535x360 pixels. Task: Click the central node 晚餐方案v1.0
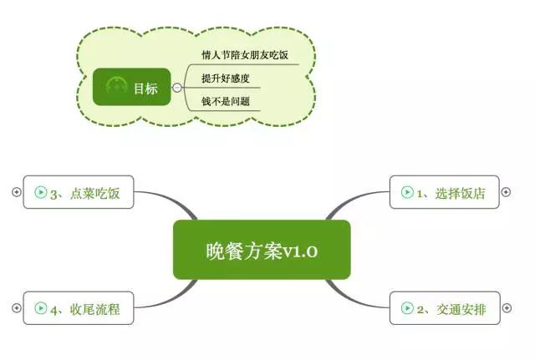click(261, 250)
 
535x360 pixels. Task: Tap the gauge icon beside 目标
click(116, 87)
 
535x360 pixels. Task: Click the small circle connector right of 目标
click(177, 87)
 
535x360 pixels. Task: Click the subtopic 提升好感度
click(225, 79)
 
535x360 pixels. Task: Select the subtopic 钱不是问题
click(225, 103)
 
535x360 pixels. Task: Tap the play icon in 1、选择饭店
click(407, 192)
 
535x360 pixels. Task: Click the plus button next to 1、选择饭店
click(505, 192)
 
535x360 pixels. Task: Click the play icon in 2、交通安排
click(407, 308)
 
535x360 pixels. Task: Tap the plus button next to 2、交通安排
click(505, 308)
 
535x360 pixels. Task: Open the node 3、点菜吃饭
click(79, 192)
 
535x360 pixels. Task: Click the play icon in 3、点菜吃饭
click(40, 192)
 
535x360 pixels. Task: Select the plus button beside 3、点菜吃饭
click(16, 192)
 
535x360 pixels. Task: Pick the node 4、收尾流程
click(79, 308)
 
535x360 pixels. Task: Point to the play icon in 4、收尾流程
click(40, 308)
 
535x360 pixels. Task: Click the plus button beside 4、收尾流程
click(16, 308)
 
